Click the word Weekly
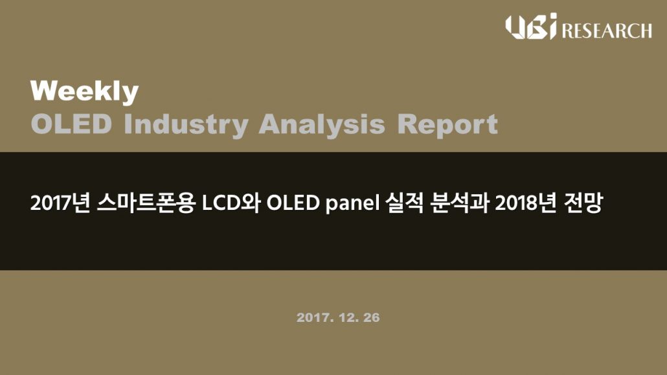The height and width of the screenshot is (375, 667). pos(85,92)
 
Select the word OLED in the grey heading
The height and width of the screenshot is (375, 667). pos(71,124)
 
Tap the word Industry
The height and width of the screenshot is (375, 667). pos(186,125)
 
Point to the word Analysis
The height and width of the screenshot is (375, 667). pos(322,125)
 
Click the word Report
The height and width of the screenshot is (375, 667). pos(447,125)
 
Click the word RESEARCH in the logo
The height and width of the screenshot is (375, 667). pos(607,31)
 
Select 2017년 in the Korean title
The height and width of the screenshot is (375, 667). pos(60,203)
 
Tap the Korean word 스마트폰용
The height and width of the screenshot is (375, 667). pos(146,203)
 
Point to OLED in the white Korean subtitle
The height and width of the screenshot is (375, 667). pos(293,203)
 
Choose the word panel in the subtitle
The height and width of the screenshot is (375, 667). pos(352,203)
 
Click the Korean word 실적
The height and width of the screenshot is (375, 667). pos(405,203)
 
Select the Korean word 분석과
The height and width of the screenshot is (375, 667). pos(459,203)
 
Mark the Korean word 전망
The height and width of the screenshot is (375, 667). pos(583,203)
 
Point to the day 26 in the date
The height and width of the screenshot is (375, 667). pos(371,317)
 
